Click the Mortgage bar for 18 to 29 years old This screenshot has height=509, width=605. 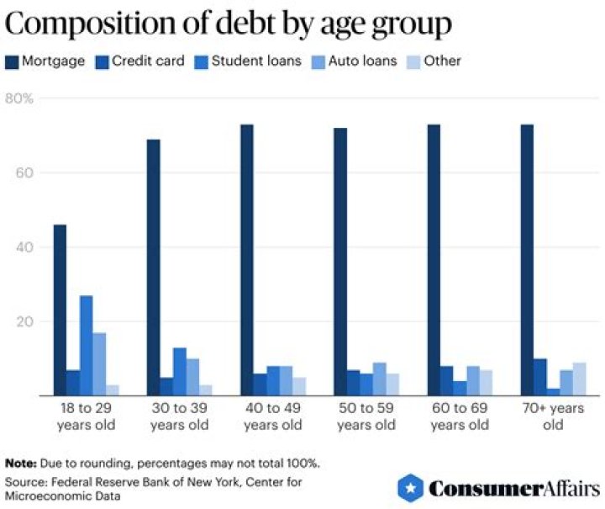[x=60, y=310]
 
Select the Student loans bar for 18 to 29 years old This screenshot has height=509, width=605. [x=86, y=345]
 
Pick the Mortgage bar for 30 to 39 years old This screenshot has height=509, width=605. [x=153, y=267]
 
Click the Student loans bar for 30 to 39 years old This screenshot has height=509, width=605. [x=179, y=371]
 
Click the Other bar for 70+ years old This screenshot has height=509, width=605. [x=580, y=379]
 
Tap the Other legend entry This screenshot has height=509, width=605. [x=437, y=61]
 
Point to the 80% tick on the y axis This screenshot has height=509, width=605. [x=19, y=98]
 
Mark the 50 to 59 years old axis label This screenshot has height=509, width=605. [x=366, y=417]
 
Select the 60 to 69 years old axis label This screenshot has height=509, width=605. [x=459, y=417]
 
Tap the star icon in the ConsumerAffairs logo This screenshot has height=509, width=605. [x=408, y=487]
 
